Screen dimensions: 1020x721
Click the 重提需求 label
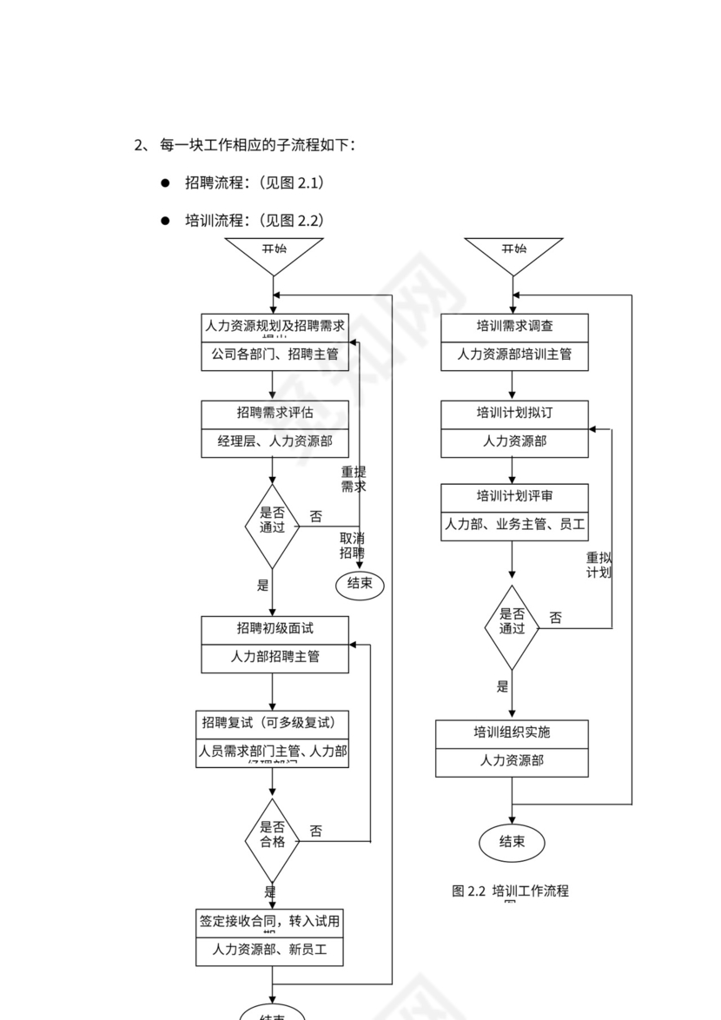(x=353, y=480)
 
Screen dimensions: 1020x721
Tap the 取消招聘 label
(x=352, y=545)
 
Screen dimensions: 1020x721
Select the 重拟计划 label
(x=599, y=565)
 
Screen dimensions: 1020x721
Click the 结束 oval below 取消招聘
(x=360, y=584)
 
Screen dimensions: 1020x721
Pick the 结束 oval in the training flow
(x=512, y=841)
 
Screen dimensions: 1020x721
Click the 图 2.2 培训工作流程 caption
(x=510, y=891)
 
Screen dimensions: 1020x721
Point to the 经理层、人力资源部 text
(x=275, y=441)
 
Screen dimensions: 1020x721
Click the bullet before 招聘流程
(x=165, y=183)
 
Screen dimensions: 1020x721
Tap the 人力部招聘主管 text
(x=275, y=657)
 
